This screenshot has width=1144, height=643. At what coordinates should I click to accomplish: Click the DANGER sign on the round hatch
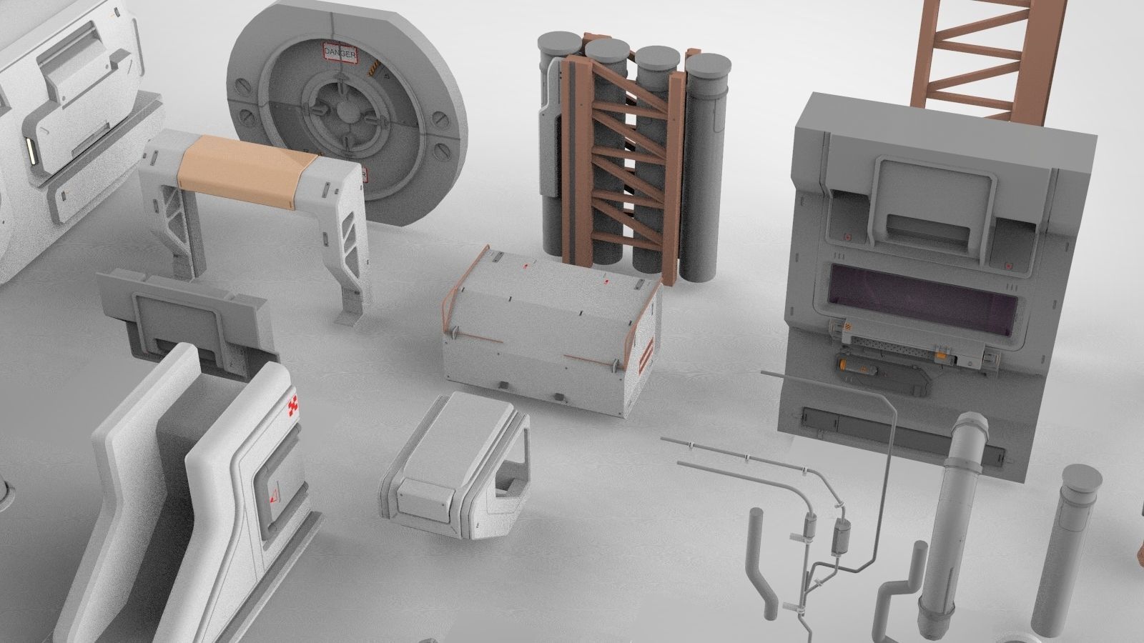pos(340,53)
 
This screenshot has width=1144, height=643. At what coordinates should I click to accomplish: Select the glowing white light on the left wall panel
pos(31,150)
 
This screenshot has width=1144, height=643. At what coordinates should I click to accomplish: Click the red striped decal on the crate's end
pos(646,353)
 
